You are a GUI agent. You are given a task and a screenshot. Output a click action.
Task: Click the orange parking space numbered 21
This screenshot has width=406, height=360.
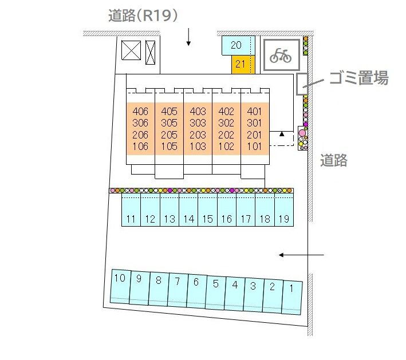click(243, 65)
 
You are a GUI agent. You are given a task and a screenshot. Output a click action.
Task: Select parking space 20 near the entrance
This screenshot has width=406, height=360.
click(238, 45)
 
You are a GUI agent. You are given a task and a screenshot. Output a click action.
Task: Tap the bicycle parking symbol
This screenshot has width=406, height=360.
click(281, 56)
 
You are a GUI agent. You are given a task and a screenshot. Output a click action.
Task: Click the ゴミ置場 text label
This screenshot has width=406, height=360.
click(359, 78)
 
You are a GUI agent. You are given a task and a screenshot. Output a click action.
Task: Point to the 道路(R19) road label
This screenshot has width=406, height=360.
click(143, 15)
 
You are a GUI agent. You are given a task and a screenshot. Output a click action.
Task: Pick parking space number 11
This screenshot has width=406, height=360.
click(131, 210)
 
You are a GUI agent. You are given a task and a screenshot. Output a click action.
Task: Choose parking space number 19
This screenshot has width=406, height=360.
click(284, 210)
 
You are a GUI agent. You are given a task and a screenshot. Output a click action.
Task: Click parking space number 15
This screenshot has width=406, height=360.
click(208, 210)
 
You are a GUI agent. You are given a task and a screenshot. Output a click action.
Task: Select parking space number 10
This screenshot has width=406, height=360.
click(120, 286)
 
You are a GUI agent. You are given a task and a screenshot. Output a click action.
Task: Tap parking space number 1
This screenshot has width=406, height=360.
click(292, 298)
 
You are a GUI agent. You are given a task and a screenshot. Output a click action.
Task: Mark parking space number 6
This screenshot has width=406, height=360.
click(196, 291)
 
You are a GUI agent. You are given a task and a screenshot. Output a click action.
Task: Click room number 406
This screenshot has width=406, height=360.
click(140, 111)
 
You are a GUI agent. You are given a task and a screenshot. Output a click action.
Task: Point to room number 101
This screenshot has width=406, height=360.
click(254, 147)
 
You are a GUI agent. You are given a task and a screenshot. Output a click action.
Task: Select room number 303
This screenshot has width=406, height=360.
click(198, 123)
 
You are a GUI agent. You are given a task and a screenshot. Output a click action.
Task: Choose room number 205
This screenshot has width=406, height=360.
click(169, 135)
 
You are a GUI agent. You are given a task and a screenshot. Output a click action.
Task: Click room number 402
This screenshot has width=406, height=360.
click(226, 111)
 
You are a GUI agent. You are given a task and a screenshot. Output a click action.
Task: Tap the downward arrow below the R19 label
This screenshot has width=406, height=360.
click(188, 37)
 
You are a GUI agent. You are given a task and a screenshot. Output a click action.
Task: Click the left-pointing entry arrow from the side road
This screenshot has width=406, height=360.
click(301, 255)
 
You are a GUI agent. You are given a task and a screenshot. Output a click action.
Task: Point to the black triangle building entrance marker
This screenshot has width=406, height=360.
click(282, 134)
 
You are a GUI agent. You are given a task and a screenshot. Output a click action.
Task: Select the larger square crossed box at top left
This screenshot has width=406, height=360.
click(131, 50)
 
